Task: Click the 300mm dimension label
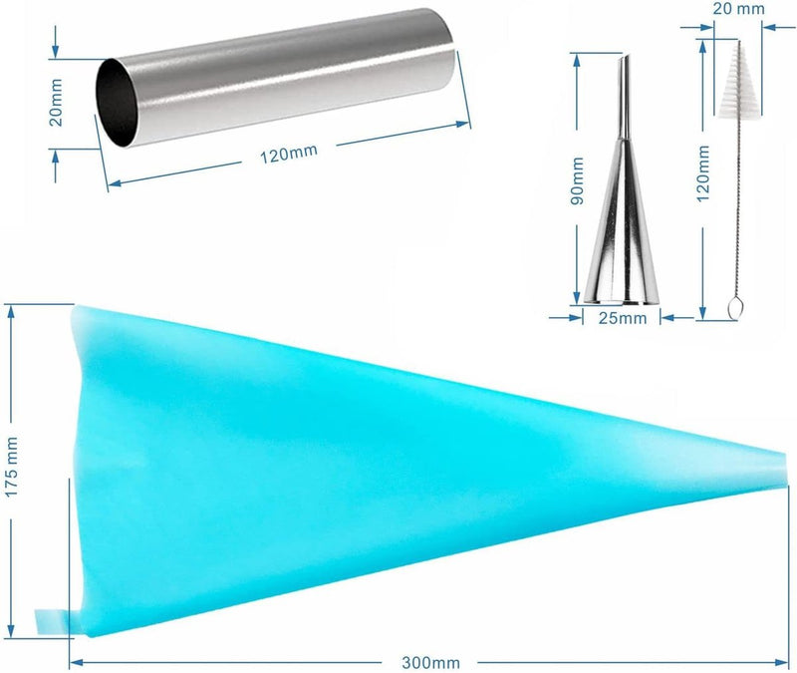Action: click(430, 663)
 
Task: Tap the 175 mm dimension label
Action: click(11, 467)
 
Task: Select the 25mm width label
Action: click(622, 318)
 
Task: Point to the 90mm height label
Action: click(577, 181)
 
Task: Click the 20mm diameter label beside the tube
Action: click(56, 103)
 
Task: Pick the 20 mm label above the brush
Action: click(738, 9)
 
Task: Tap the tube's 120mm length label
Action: click(289, 154)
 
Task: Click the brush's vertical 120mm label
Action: click(703, 172)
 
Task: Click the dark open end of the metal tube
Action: click(117, 103)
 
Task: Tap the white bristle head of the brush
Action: click(735, 82)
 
